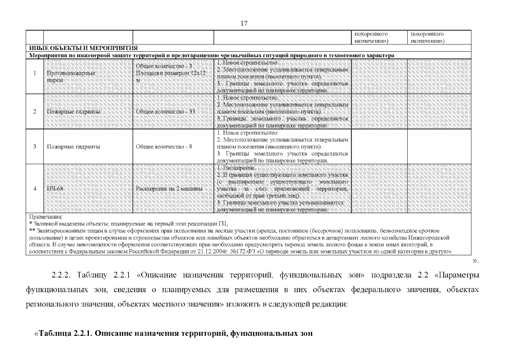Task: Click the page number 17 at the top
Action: point(244,23)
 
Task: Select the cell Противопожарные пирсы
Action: point(71,76)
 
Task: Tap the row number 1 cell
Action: point(35,76)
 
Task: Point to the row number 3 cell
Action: point(35,146)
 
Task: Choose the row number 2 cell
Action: point(35,111)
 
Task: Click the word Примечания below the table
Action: point(46,217)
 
